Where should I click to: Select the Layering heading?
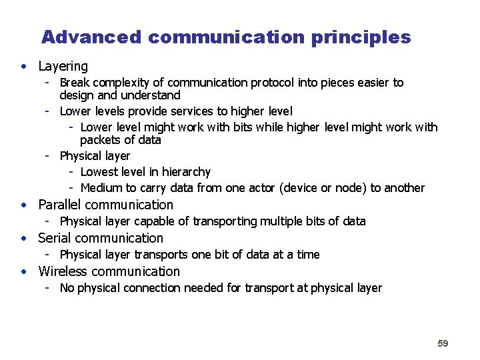pyautogui.click(x=63, y=66)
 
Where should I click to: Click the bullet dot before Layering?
pyautogui.click(x=24, y=66)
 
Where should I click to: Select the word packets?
pyautogui.click(x=102, y=140)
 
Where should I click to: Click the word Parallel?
pyautogui.click(x=60, y=205)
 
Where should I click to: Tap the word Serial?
pyautogui.click(x=54, y=238)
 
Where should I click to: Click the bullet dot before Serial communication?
pyautogui.click(x=24, y=238)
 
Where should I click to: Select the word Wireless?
pyautogui.click(x=63, y=271)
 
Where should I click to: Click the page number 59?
pyautogui.click(x=443, y=343)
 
